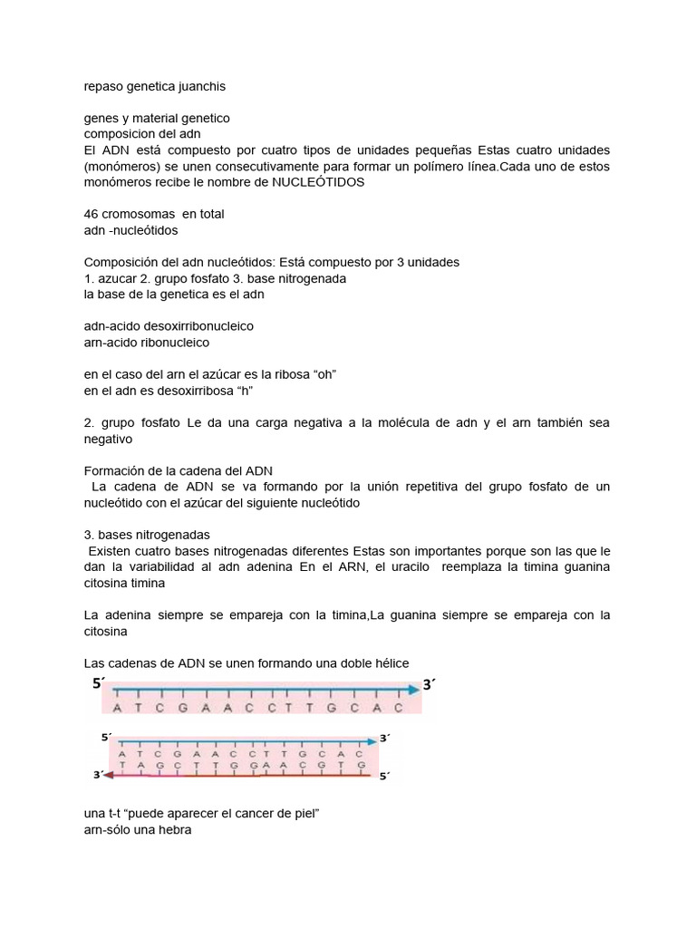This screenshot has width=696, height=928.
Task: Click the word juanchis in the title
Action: (200, 86)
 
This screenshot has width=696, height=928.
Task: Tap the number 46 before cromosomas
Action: (91, 214)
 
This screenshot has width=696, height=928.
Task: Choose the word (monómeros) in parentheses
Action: (122, 166)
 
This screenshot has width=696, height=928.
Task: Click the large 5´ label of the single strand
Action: (99, 684)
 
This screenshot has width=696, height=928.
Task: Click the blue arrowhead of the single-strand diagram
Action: (412, 690)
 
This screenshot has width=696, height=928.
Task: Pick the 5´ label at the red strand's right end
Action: (383, 777)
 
